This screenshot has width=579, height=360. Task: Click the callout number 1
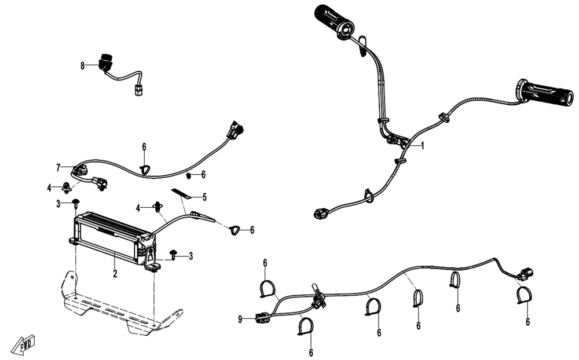tap(423, 146)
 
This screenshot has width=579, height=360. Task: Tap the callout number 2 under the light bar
tap(115, 274)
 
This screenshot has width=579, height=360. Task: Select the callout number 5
tap(204, 197)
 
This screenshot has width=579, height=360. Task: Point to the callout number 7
tap(58, 167)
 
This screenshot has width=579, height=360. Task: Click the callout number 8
tap(83, 66)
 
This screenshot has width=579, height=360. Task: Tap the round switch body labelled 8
tap(106, 62)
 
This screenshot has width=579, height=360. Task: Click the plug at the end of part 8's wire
tap(138, 91)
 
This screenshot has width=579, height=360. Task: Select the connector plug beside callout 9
tap(261, 317)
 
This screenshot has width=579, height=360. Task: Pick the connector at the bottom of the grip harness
tap(321, 214)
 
